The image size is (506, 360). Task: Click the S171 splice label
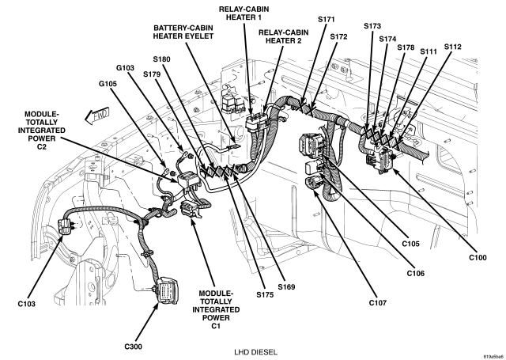tap(327, 19)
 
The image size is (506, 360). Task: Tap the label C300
tap(134, 347)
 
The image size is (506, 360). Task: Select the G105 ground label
tap(108, 84)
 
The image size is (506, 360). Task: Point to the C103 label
tap(27, 304)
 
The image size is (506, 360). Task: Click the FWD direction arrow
tap(97, 116)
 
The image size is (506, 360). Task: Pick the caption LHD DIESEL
tap(255, 352)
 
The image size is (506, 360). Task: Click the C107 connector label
tap(378, 303)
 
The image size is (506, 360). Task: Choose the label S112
tap(453, 47)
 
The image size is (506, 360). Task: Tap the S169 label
tap(286, 286)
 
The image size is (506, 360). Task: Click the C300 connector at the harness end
tap(168, 290)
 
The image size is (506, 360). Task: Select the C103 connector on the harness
tap(65, 226)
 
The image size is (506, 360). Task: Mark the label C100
tap(478, 258)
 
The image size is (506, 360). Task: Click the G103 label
tap(125, 68)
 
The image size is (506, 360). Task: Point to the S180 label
tap(161, 59)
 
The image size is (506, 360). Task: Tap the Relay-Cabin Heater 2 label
tap(284, 37)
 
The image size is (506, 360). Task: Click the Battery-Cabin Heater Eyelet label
tap(183, 32)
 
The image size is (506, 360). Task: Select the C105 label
tap(410, 244)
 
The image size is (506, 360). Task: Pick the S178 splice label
tap(406, 47)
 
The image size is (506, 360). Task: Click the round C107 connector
tap(312, 183)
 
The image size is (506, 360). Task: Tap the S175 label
tap(265, 294)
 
